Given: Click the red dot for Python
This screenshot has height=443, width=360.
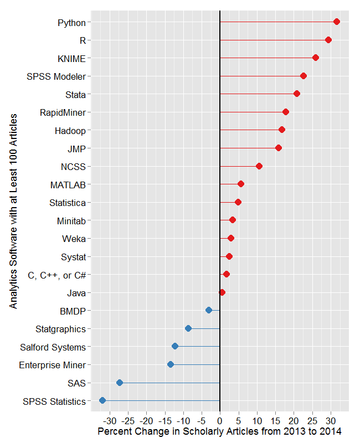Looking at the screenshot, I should point(336,22).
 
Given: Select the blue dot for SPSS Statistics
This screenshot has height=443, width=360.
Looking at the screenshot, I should point(102,400).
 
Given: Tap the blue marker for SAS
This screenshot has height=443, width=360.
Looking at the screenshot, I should point(120,383).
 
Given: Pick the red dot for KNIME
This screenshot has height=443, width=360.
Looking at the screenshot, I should point(316,58).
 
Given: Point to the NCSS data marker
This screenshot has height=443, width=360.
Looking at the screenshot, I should point(259,166).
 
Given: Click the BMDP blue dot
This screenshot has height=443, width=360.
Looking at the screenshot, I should point(209,310).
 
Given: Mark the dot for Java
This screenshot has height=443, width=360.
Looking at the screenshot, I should point(222,292).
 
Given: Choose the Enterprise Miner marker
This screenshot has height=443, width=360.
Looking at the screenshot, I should point(171,364).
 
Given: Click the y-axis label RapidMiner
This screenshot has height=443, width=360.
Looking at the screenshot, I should point(63,112).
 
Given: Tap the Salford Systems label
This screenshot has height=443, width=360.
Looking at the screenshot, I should point(53,347).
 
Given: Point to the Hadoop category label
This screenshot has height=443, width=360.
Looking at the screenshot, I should point(70,131).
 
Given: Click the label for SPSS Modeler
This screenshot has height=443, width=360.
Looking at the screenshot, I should point(56,76).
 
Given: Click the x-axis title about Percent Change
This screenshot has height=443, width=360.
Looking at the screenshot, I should point(219,431).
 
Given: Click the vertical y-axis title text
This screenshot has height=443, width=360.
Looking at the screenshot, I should point(13,212).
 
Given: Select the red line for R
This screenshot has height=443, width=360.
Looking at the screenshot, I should point(274,40).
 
